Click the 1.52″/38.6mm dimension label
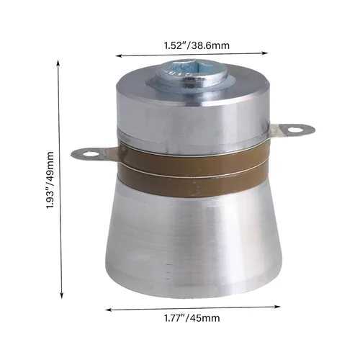click(x=192, y=45)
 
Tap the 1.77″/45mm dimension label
click(x=191, y=317)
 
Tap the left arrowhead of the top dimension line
click(x=117, y=54)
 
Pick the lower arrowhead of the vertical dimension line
click(x=60, y=296)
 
